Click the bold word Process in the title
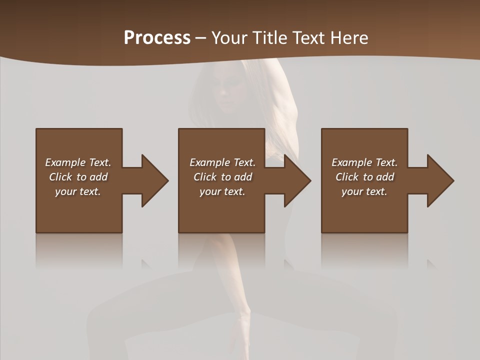tap(157, 38)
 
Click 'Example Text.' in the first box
tap(78, 162)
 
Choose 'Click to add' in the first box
tap(78, 177)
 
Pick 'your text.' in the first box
tap(78, 191)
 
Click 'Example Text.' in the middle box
tap(222, 162)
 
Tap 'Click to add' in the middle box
tap(222, 177)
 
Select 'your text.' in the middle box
tap(222, 191)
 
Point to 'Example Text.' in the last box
tap(364, 162)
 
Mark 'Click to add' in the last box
tap(364, 177)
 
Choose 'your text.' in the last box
tap(364, 191)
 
